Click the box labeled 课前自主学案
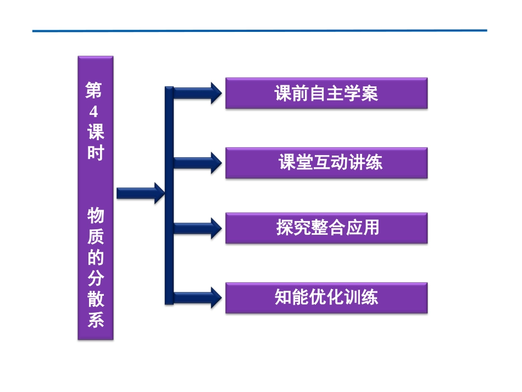click(x=326, y=93)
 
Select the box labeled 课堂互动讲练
click(x=326, y=163)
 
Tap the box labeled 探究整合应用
click(x=326, y=228)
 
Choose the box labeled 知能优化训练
click(x=326, y=298)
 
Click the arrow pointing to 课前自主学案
click(x=198, y=93)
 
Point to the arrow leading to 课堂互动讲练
click(x=198, y=163)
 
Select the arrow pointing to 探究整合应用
click(x=198, y=228)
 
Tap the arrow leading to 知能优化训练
click(x=198, y=297)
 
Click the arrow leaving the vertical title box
click(x=141, y=193)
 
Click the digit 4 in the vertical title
click(x=94, y=112)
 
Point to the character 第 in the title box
click(x=93, y=90)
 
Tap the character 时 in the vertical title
click(x=96, y=153)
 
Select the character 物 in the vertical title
click(x=96, y=215)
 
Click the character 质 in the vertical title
click(x=96, y=236)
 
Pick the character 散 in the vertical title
click(x=96, y=299)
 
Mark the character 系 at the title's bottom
click(x=96, y=319)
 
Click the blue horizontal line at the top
click(x=260, y=31)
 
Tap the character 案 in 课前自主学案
click(x=370, y=93)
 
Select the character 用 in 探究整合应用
click(x=370, y=228)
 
